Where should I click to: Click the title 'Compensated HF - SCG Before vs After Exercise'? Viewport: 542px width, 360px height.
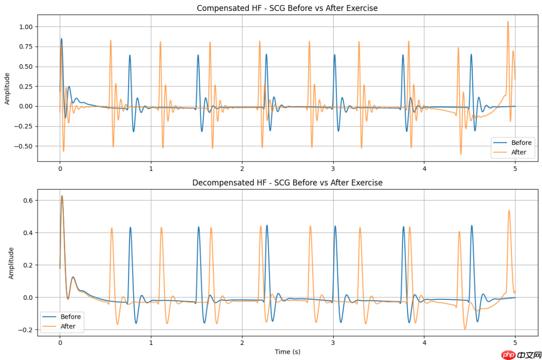(x=287, y=8)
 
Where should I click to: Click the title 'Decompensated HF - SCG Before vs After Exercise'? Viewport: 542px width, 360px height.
(x=287, y=183)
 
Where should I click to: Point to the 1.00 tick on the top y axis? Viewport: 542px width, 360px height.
(x=26, y=27)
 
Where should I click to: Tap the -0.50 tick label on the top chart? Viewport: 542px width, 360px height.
(x=24, y=146)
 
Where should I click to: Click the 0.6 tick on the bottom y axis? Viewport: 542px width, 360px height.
(x=28, y=201)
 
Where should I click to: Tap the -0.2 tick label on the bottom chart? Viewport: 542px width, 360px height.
(x=26, y=330)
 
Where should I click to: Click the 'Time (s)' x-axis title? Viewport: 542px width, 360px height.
(x=287, y=352)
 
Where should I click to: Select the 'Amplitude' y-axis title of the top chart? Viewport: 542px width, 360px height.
(x=7, y=88)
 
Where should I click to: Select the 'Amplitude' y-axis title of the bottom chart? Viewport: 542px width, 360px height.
(x=11, y=263)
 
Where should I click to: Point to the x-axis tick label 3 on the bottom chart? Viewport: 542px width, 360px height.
(x=333, y=343)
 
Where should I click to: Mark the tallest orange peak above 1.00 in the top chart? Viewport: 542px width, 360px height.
(x=508, y=22)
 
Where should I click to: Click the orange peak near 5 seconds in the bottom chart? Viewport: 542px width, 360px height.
(x=509, y=211)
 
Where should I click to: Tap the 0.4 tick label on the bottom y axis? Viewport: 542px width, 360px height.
(x=28, y=233)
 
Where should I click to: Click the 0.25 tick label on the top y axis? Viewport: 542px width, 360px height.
(x=26, y=86)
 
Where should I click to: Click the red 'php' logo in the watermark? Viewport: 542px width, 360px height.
(x=508, y=355)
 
